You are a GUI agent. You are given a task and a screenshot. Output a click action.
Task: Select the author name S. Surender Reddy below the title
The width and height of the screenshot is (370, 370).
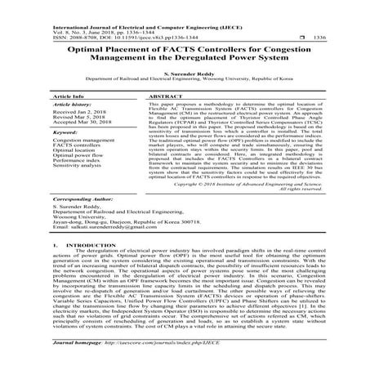[185, 75]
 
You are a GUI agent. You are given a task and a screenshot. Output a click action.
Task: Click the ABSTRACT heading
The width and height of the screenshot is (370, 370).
[164, 96]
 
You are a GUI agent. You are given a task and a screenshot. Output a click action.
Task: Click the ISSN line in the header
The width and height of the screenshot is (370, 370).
[107, 37]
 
